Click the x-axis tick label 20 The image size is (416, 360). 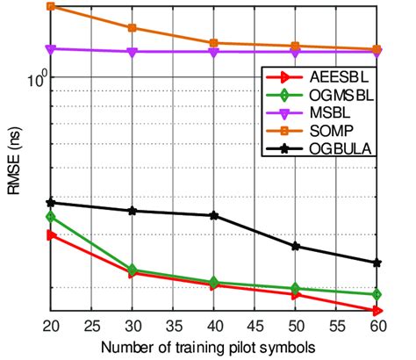coord(51,324)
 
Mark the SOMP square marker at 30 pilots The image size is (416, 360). coord(133,28)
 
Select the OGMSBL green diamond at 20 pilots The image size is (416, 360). coord(51,216)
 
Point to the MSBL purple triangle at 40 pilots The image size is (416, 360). coord(214,53)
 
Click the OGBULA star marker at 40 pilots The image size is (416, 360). coord(214,215)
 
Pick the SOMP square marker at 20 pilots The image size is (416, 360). coord(51,7)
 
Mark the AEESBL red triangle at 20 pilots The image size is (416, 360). coord(51,234)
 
